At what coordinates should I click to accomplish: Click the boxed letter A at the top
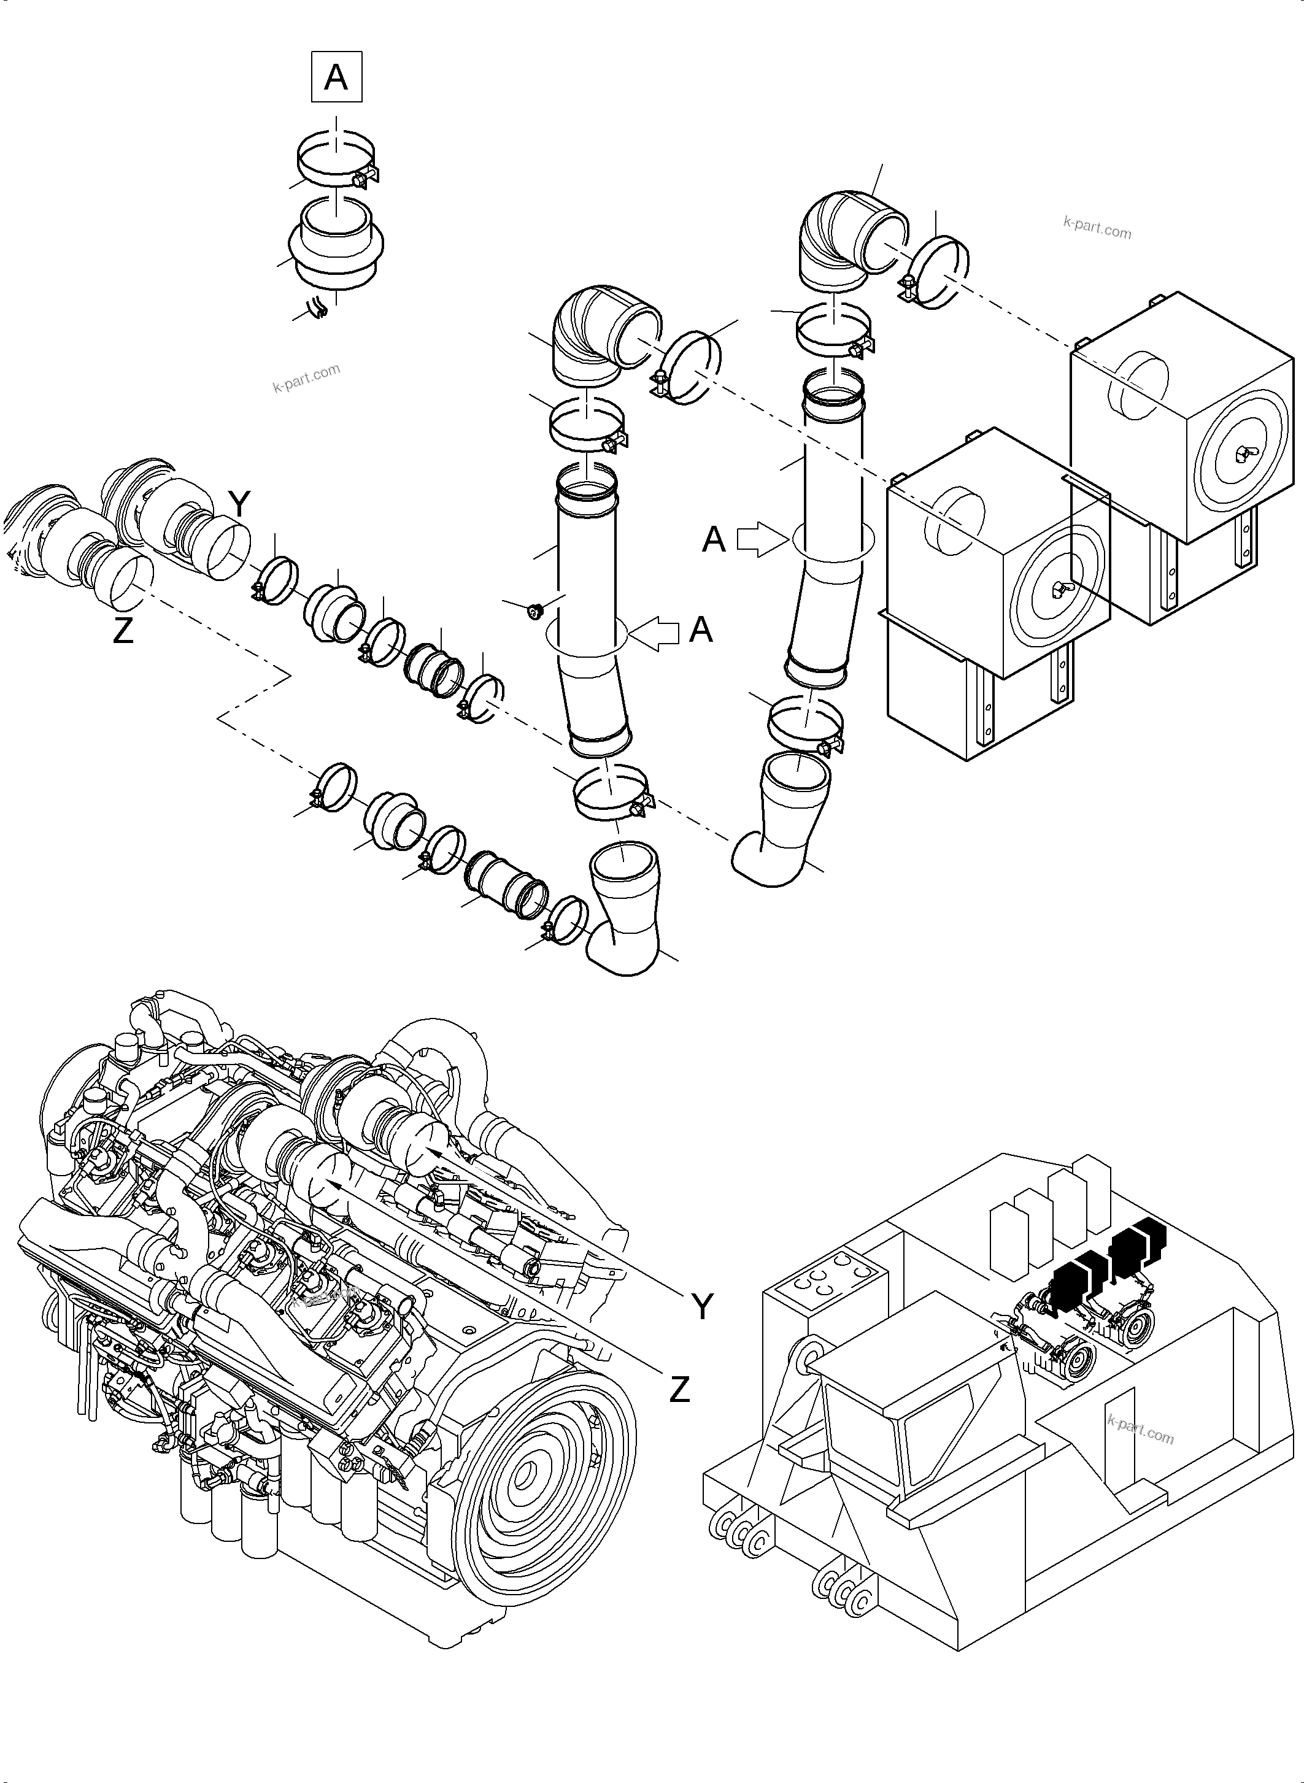(336, 77)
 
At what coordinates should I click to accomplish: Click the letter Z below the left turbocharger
(123, 631)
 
